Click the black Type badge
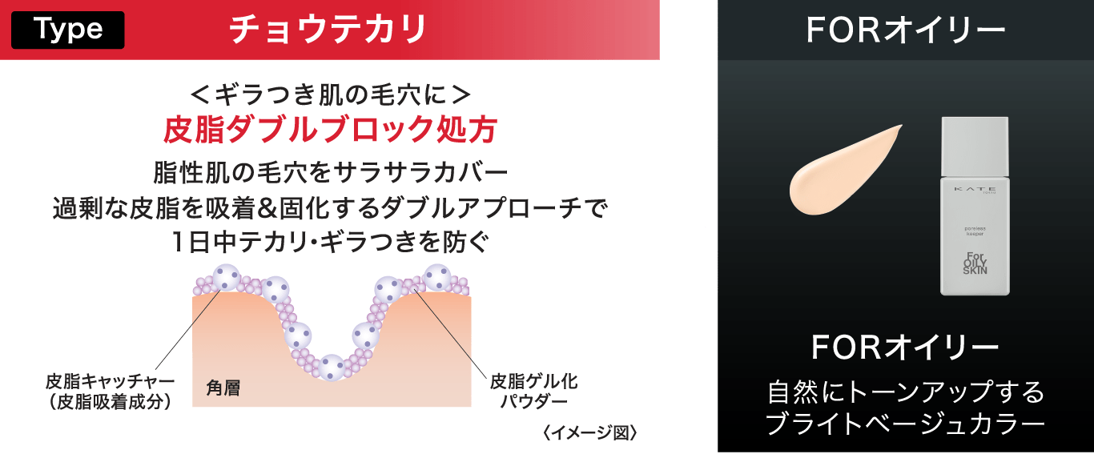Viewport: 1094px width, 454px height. click(x=68, y=30)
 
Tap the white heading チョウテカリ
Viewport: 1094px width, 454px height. click(x=328, y=30)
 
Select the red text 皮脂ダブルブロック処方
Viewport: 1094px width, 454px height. click(x=330, y=130)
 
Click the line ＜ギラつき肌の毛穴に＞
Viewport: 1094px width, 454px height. click(x=331, y=94)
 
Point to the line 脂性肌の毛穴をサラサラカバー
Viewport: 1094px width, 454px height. click(x=331, y=172)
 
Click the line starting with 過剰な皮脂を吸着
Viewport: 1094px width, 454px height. click(x=331, y=208)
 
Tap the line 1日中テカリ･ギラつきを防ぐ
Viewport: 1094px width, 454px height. click(x=331, y=242)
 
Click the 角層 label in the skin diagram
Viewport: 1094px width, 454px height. click(x=223, y=388)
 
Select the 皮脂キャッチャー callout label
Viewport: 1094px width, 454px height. click(x=111, y=392)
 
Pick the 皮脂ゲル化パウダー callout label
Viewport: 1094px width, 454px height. click(x=534, y=392)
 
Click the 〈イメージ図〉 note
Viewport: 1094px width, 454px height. click(x=589, y=432)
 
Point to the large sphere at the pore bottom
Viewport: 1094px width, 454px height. click(x=332, y=368)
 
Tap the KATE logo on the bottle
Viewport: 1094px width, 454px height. click(x=975, y=189)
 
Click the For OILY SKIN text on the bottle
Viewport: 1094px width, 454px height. click(x=975, y=263)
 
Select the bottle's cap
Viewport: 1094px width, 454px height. click(x=975, y=147)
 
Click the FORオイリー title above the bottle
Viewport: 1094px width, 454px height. click(x=905, y=30)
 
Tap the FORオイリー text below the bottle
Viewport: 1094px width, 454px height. click(x=905, y=347)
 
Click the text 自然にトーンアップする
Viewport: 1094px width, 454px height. click(x=905, y=392)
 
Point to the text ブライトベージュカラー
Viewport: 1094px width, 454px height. click(x=905, y=424)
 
